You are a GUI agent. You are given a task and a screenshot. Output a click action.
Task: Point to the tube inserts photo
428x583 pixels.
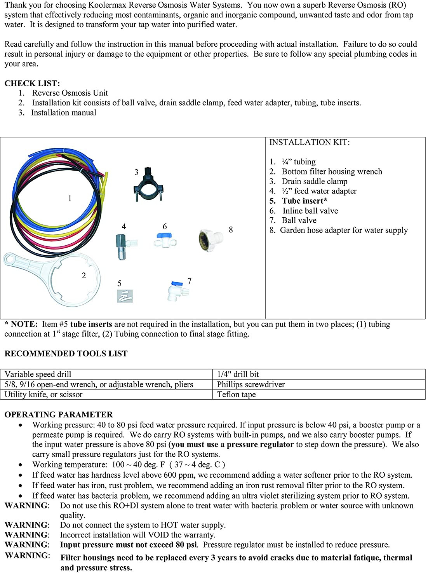tap(125, 297)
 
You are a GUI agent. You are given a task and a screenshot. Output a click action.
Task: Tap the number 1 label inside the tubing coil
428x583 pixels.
tap(70, 199)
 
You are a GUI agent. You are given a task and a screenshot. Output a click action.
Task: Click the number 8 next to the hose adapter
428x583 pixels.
tap(231, 230)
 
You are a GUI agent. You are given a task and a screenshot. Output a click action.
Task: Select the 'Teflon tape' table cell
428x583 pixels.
tap(237, 394)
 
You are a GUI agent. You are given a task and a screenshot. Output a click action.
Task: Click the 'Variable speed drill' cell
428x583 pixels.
tap(38, 374)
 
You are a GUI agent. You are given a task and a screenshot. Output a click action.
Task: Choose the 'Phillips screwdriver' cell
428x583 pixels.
tap(251, 384)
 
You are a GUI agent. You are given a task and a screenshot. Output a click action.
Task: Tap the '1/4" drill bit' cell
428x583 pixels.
tap(238, 374)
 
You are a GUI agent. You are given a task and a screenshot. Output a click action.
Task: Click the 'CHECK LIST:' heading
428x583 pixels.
tap(32, 83)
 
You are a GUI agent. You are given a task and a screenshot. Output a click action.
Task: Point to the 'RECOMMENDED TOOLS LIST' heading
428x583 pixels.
tap(66, 354)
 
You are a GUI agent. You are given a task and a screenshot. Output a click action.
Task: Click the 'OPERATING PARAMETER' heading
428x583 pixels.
tap(59, 415)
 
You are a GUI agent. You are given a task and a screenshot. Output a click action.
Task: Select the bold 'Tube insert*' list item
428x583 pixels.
tap(304, 201)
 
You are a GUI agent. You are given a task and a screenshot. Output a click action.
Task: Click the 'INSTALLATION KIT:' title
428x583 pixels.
tap(310, 142)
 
